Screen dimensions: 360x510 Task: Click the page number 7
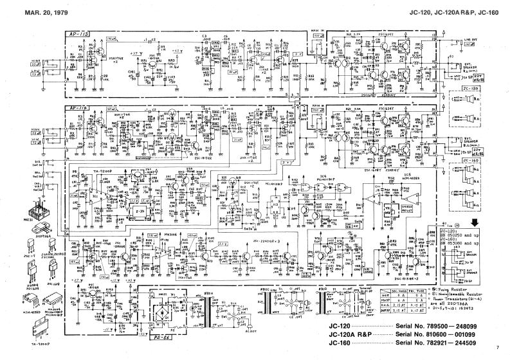(497, 348)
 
